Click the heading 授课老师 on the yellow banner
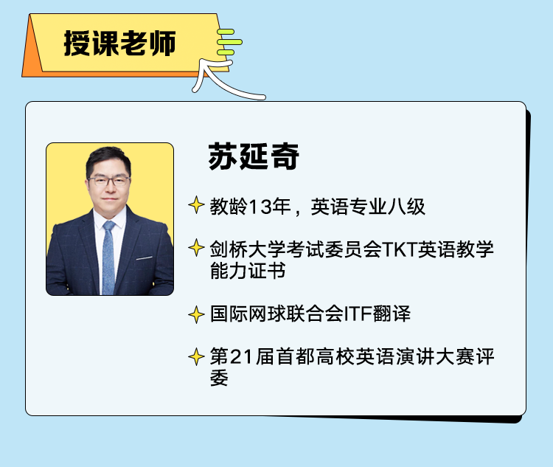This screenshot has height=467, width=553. [119, 43]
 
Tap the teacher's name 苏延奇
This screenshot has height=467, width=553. [254, 156]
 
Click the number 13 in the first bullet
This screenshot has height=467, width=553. [260, 207]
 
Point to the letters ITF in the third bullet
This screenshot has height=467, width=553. [358, 314]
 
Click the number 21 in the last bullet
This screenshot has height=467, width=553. [242, 356]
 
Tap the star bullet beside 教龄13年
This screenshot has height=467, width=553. [196, 205]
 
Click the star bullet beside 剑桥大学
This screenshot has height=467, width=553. [196, 247]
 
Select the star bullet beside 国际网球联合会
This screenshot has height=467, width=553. [196, 314]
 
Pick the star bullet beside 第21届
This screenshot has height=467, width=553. [196, 357]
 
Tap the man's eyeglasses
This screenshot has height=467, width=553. [109, 181]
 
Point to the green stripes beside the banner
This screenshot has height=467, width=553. [229, 42]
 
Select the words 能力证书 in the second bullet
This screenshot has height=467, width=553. [248, 271]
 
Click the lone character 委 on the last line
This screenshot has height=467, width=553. [219, 378]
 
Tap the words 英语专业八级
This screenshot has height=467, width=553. [368, 207]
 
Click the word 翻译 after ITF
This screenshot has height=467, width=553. [392, 314]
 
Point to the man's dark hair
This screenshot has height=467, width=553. [108, 158]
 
